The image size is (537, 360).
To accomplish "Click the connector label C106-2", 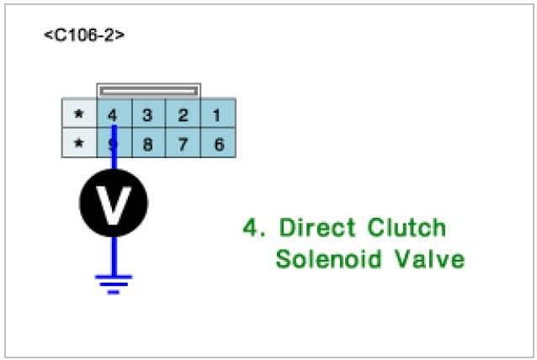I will (84, 36).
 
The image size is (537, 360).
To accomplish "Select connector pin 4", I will (114, 114).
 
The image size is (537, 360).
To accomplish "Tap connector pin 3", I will (147, 114).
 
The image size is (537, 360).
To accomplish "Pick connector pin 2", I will (183, 114).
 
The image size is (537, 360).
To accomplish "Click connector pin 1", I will (218, 114).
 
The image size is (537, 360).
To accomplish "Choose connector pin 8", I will (147, 144).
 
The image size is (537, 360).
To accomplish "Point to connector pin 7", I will (183, 144).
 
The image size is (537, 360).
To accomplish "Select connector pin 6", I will (218, 144).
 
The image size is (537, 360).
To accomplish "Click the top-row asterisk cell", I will (79, 114).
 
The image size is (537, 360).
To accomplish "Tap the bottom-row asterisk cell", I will (79, 144).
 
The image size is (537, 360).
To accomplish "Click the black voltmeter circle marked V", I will (114, 203).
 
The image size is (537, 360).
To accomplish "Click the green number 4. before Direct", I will (253, 228).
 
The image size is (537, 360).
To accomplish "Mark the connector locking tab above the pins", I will (148, 89).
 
